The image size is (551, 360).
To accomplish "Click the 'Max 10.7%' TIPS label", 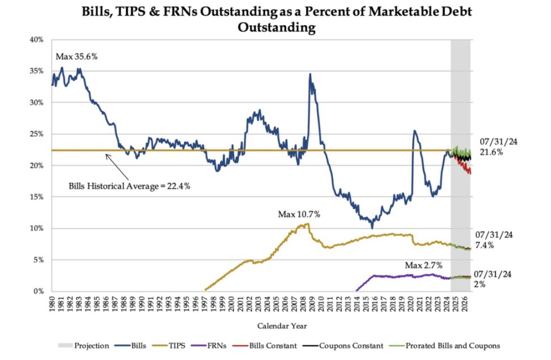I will click(299, 214).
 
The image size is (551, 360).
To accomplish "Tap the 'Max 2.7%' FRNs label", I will click(423, 265).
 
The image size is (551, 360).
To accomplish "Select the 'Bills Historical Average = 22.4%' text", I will click(129, 185).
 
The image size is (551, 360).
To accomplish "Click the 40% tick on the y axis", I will click(36, 40).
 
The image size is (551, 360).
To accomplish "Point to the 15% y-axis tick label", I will click(36, 197).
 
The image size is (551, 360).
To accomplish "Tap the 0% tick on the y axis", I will click(38, 291).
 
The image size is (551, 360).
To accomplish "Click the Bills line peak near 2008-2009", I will click(310, 74).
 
